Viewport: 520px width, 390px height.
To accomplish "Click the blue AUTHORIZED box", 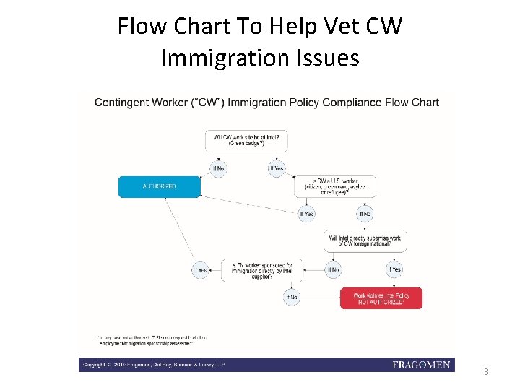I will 159,186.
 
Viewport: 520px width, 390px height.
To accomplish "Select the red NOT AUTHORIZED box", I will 381,298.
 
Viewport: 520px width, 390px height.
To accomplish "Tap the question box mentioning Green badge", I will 235,139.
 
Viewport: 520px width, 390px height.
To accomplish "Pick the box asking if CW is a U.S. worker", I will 331,186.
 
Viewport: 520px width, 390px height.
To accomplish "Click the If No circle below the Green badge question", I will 218,168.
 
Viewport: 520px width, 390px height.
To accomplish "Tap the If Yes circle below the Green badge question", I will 277,168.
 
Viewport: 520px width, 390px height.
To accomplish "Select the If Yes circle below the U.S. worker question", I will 307,214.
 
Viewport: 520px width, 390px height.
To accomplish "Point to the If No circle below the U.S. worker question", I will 365,214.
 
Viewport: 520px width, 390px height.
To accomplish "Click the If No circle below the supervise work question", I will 332,269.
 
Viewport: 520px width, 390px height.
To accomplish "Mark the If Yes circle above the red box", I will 394,269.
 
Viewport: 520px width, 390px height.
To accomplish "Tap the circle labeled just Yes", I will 201,270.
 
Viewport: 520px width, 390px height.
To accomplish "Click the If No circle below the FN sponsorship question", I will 292,297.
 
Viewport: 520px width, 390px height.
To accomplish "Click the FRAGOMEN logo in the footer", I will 421,365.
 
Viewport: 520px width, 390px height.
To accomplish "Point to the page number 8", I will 486,372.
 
